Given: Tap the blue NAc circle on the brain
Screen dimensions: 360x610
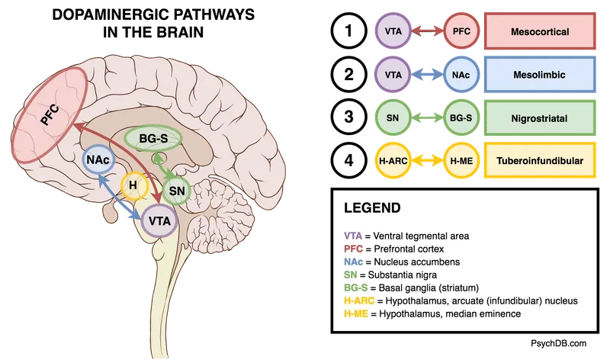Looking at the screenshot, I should point(97,162).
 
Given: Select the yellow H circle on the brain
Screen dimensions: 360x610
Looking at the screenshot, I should point(133,185).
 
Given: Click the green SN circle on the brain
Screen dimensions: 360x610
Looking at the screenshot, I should point(177,190).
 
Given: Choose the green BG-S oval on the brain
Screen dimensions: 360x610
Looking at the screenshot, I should point(153,139).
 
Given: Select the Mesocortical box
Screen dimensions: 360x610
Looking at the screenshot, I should point(538,32).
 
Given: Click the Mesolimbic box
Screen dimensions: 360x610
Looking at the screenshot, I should point(538,76).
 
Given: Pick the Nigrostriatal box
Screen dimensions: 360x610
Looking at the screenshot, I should point(538,118).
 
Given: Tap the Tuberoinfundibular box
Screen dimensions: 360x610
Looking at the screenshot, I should point(538,161).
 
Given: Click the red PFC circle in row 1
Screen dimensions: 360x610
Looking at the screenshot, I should point(462,32).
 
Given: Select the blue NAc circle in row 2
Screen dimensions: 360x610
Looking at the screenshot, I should point(462,76).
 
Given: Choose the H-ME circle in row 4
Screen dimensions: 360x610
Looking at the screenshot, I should point(462,161).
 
